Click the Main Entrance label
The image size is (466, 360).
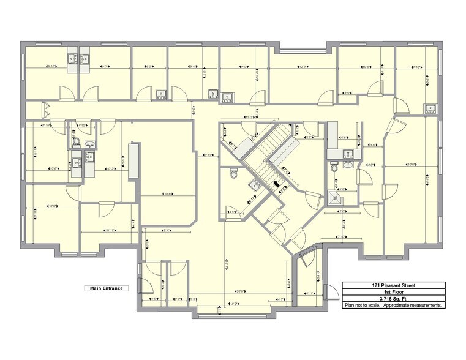(106, 288)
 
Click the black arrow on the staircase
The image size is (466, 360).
(276, 182)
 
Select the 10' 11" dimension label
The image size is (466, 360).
(111, 231)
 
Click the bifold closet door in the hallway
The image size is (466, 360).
(45, 110)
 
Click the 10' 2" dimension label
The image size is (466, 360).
(111, 168)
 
